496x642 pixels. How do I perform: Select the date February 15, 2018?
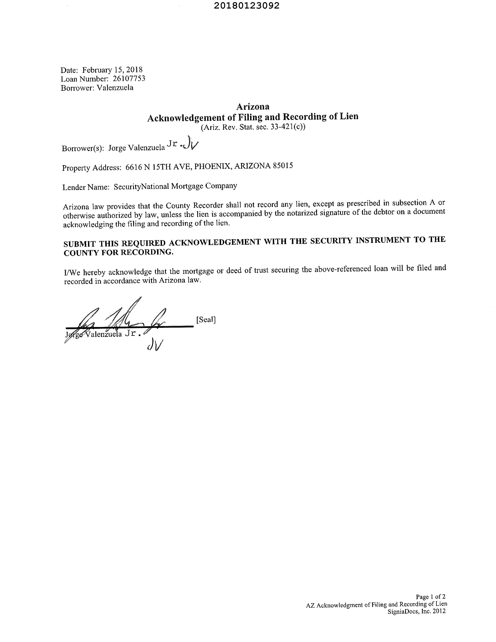pyautogui.click(x=112, y=70)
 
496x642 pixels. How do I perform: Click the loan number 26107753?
pyautogui.click(x=129, y=79)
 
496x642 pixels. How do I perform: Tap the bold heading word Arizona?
pyautogui.click(x=253, y=106)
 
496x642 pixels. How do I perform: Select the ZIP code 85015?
pyautogui.click(x=283, y=166)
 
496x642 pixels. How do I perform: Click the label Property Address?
pyautogui.click(x=91, y=168)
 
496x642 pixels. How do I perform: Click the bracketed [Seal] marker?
pyautogui.click(x=206, y=319)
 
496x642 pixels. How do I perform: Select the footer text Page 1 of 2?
pyautogui.click(x=431, y=597)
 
